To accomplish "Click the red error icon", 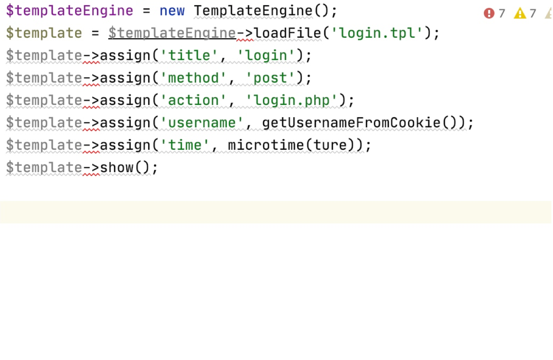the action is click(489, 13).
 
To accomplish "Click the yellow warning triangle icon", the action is click(520, 13).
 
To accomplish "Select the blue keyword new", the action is click(172, 11).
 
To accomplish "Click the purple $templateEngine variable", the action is click(70, 11).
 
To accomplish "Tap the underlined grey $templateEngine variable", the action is click(172, 33).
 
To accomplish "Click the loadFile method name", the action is click(287, 33).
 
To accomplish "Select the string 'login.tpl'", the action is click(377, 33).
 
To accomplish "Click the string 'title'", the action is click(189, 55).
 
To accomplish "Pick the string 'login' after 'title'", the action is click(266, 56).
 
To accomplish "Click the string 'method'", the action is click(193, 78).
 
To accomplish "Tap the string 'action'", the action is click(193, 101).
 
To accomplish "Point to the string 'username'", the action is click(202, 123).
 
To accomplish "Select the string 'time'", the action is click(185, 145).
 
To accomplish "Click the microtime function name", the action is click(266, 145).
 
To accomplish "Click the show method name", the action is click(117, 168).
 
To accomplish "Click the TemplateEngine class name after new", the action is click(253, 11).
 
